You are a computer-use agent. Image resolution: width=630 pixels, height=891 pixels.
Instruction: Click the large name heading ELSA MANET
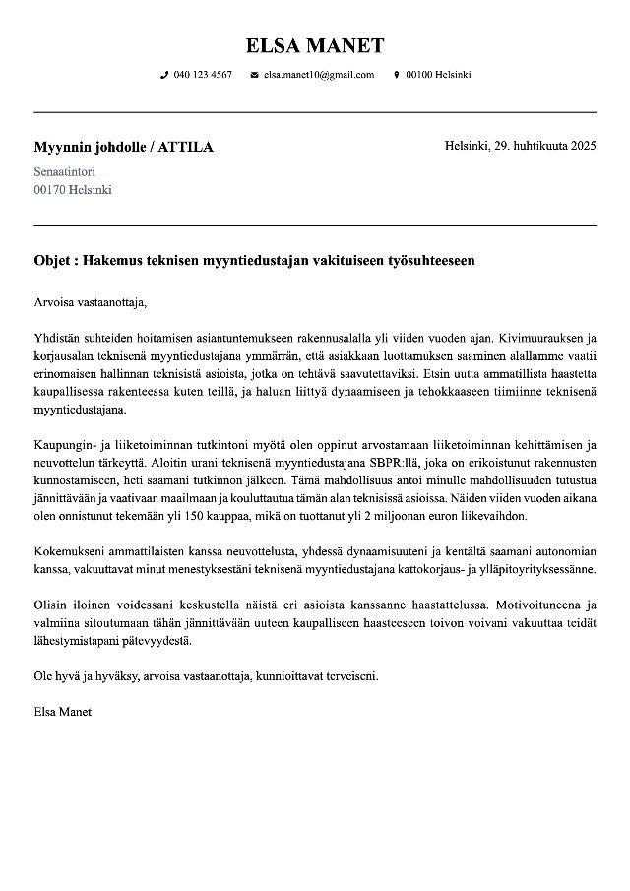315,45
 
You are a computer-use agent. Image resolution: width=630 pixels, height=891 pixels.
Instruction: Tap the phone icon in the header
164,75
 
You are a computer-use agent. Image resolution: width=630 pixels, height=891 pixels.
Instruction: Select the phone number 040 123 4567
203,75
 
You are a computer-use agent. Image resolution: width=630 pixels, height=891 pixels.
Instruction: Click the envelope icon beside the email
254,75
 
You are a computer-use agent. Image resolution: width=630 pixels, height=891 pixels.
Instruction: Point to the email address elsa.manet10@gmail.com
319,75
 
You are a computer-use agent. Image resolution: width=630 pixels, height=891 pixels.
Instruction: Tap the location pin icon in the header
396,75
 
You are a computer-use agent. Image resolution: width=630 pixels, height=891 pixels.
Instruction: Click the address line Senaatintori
65,171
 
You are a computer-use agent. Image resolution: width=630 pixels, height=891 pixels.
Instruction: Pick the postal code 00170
50,189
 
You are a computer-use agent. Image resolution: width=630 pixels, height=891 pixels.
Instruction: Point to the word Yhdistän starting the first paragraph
57,338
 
